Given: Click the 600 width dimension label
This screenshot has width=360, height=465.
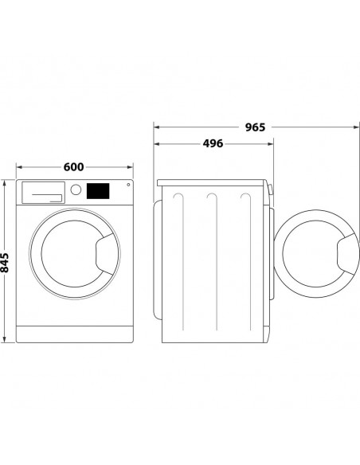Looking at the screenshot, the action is click(x=73, y=167).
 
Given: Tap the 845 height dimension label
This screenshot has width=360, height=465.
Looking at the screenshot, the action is click(x=5, y=263).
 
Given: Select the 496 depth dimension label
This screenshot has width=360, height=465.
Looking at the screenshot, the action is click(x=213, y=143).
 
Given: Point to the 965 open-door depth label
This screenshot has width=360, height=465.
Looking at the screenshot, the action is click(x=255, y=127).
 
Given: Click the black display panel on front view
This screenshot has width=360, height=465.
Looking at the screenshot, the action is click(x=98, y=191).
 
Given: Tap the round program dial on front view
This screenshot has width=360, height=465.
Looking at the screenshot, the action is click(x=76, y=190).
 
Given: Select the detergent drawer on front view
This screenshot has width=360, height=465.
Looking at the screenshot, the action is click(x=43, y=193).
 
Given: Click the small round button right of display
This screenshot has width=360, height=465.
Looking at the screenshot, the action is click(x=128, y=185).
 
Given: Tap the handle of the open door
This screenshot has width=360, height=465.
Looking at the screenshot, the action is click(x=348, y=254).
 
